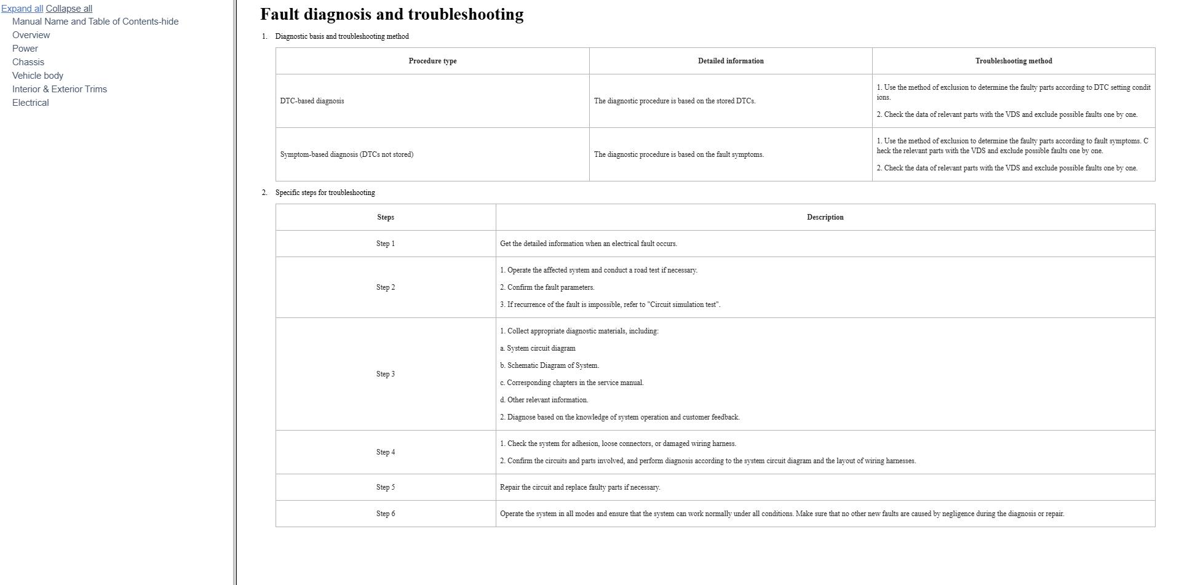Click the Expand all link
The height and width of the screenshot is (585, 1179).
click(22, 9)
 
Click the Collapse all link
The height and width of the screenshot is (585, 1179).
click(69, 9)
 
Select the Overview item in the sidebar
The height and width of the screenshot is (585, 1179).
click(31, 35)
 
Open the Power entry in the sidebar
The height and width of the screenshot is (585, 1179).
click(25, 49)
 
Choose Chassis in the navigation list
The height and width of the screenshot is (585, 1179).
click(28, 62)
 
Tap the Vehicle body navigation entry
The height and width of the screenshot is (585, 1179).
click(38, 76)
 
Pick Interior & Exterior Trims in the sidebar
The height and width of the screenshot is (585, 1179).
click(60, 89)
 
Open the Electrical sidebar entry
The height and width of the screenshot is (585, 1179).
click(31, 103)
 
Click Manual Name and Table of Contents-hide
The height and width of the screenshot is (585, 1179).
click(95, 22)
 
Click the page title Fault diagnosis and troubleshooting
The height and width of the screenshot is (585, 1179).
click(392, 14)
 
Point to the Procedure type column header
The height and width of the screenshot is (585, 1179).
click(432, 61)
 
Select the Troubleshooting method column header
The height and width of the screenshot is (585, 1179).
click(1014, 61)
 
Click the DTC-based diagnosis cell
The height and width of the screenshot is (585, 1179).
click(312, 101)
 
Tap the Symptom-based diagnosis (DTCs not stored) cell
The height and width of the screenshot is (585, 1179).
click(347, 154)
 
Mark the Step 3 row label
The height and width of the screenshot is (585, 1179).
click(386, 374)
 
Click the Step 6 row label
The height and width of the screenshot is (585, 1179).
click(386, 514)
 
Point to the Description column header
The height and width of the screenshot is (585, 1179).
click(825, 217)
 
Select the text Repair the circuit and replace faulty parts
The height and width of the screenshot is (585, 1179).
click(580, 487)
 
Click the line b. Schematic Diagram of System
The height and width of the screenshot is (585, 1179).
click(550, 365)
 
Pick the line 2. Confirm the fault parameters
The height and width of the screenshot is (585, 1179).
click(547, 287)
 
